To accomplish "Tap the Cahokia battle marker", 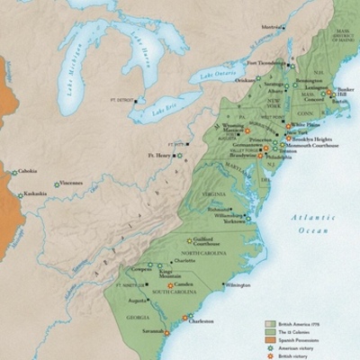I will click(x=13, y=172).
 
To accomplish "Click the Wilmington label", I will click(x=238, y=285).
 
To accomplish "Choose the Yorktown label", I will click(x=234, y=220).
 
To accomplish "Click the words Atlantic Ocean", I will click(x=311, y=224).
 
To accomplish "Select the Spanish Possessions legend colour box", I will click(x=269, y=338).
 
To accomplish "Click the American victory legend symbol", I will click(x=269, y=346).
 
